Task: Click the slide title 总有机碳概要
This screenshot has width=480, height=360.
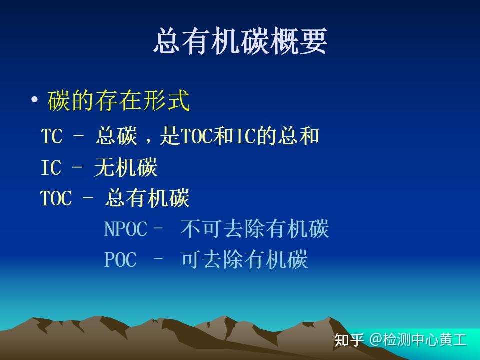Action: (240, 41)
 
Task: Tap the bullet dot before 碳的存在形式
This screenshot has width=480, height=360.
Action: (34, 100)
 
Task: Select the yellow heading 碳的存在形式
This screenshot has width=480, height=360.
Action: (119, 101)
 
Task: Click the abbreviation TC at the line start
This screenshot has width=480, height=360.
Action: (51, 136)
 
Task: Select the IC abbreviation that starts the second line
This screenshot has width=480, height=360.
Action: (51, 168)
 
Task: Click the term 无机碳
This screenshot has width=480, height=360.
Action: (126, 168)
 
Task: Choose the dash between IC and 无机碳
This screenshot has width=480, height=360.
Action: (77, 168)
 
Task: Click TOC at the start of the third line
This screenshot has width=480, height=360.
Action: (56, 198)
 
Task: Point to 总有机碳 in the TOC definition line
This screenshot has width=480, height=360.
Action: (147, 198)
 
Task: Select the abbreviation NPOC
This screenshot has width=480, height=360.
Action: (126, 229)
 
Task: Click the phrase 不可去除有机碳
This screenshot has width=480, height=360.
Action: (255, 229)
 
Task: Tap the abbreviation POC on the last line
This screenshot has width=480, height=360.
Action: (120, 260)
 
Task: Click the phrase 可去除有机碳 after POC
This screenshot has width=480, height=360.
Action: (244, 260)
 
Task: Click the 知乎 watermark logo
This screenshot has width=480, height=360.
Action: (349, 340)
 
